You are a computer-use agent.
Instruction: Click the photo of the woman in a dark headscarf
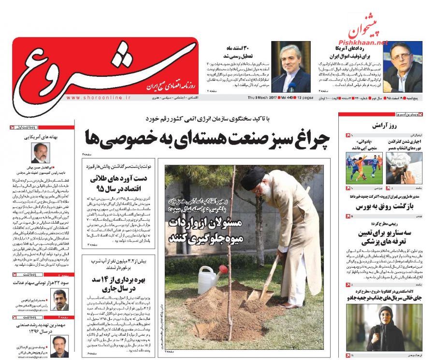[385, 321]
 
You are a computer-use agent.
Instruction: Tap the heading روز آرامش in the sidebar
[385, 125]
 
